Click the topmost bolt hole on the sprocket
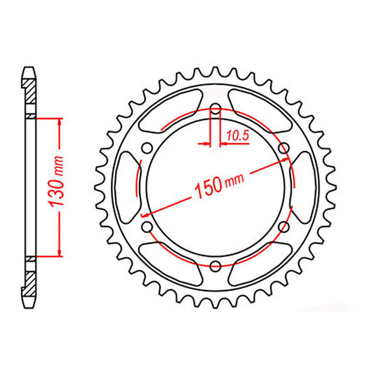pyautogui.click(x=215, y=109)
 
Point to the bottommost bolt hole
pyautogui.click(x=215, y=265)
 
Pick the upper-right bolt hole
pyautogui.click(x=283, y=148)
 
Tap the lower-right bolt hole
pyautogui.click(x=283, y=227)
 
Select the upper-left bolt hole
pyautogui.click(x=147, y=148)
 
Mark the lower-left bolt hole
pyautogui.click(x=147, y=227)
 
